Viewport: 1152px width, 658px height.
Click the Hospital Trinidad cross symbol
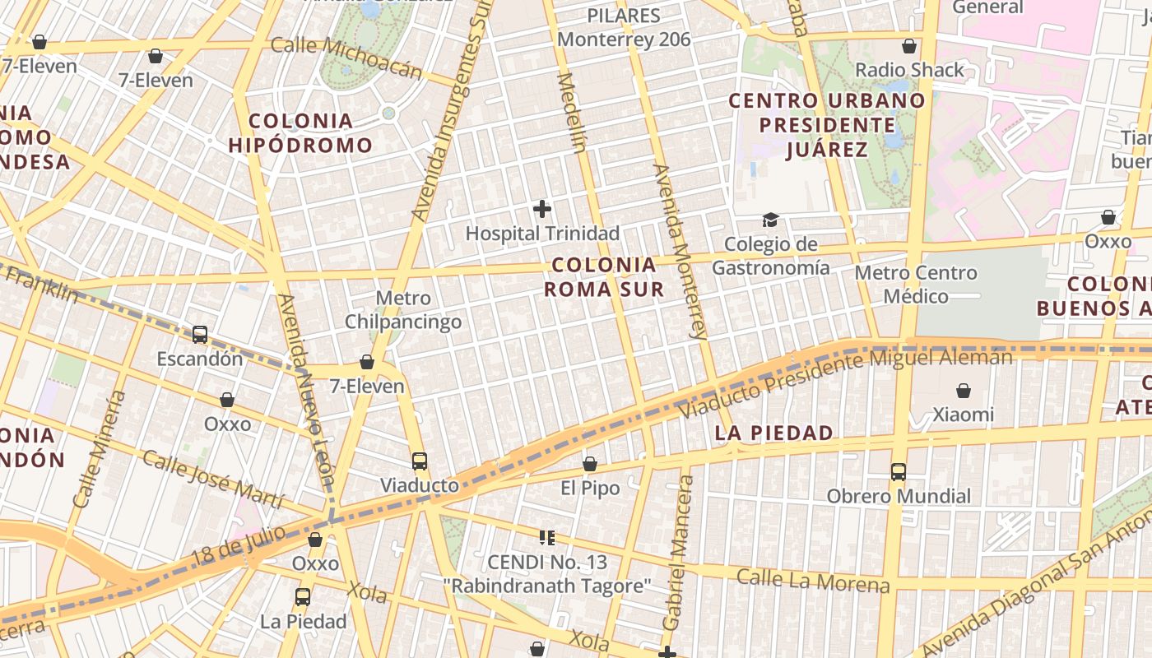(x=542, y=209)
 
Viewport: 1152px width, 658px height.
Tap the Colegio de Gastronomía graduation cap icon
(x=770, y=220)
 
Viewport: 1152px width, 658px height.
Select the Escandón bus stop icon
(x=200, y=334)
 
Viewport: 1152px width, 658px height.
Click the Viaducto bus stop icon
(x=420, y=461)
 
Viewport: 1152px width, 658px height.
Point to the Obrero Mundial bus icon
(x=899, y=472)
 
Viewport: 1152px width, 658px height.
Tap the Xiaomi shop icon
(x=963, y=391)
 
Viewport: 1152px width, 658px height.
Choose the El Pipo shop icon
(x=590, y=465)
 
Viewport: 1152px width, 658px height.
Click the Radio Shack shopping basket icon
(x=909, y=46)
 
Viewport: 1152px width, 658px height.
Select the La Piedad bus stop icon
(x=303, y=597)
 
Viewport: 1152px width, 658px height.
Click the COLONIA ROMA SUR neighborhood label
(x=604, y=277)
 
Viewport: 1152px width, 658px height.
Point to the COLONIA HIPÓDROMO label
(x=300, y=133)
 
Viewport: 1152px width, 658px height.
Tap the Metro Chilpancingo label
(x=403, y=310)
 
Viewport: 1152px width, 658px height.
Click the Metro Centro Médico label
(x=916, y=284)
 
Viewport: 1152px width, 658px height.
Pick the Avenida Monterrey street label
(x=680, y=251)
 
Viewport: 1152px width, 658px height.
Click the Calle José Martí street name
(x=212, y=480)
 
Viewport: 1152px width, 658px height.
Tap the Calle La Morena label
(x=813, y=581)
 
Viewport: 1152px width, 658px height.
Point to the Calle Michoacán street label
(x=346, y=57)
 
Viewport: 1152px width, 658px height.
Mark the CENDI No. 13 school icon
(x=546, y=539)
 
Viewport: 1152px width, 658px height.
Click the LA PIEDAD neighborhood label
(x=773, y=433)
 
